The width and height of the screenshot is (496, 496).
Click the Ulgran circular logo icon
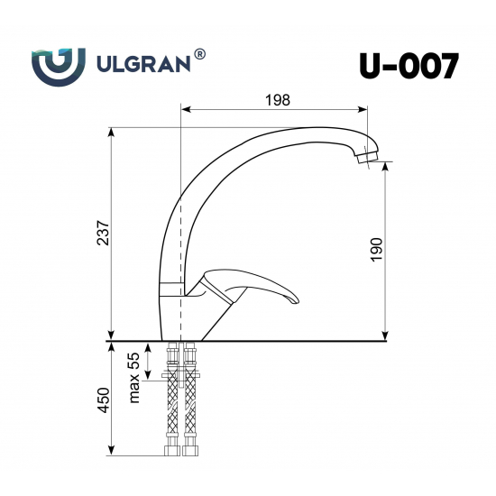(x=60, y=65)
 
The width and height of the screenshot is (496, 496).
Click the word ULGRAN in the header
(x=142, y=65)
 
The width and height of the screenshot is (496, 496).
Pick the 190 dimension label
(x=377, y=249)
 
